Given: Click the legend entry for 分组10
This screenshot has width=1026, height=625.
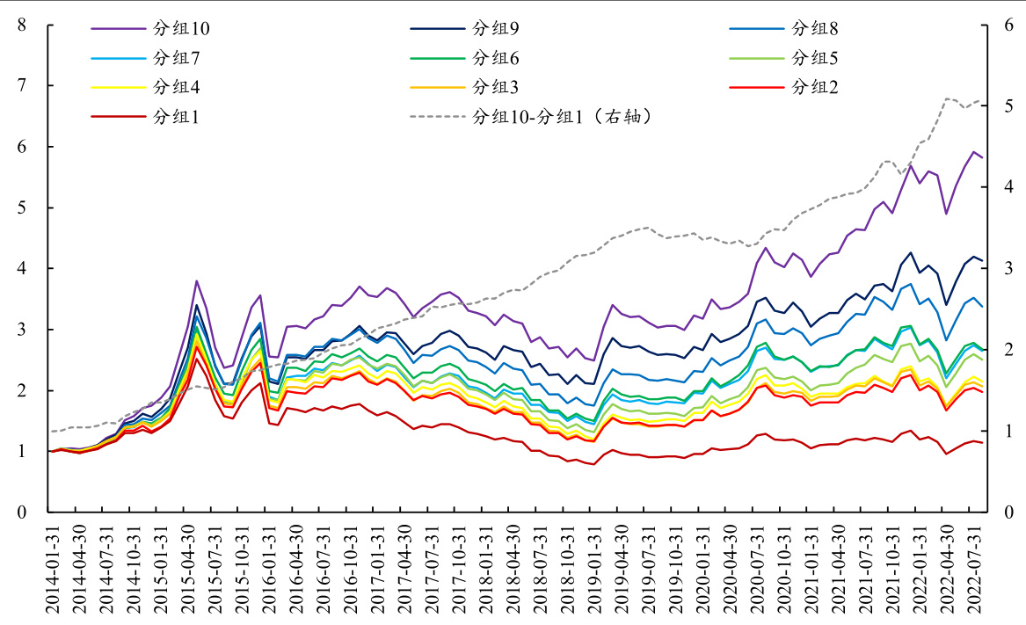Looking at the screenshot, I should (180, 28).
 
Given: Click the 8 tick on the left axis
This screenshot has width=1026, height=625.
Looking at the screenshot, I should (22, 25).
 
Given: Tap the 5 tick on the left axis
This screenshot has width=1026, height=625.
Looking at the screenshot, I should (22, 208).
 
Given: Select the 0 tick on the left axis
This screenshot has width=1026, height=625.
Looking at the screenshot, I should (22, 512).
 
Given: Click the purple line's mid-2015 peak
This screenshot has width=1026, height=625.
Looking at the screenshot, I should (197, 281).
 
